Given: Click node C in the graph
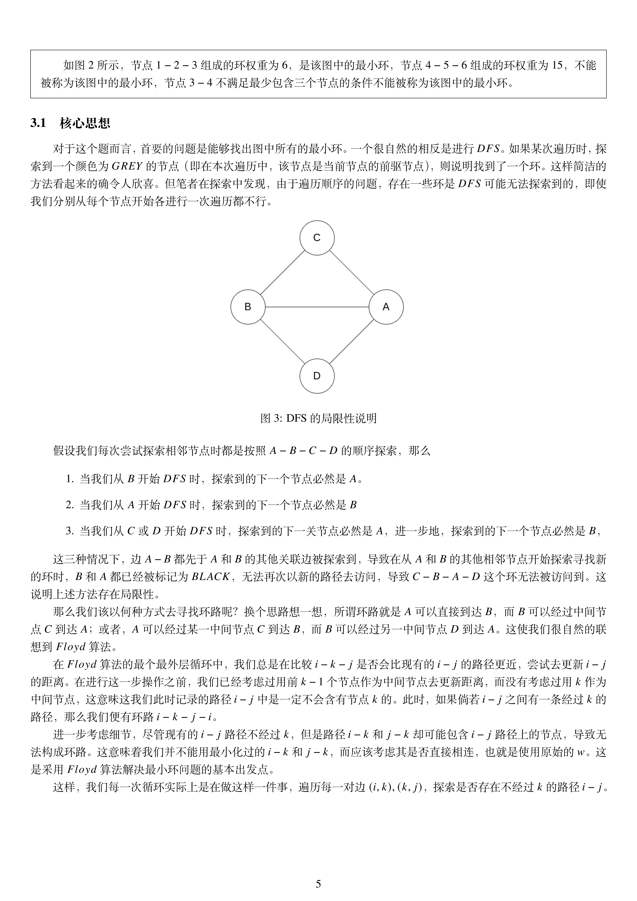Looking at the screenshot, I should coord(317,238).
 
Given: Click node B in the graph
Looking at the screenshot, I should coord(248,307).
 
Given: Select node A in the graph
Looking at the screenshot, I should coord(386,307).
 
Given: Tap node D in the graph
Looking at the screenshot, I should coord(317,376).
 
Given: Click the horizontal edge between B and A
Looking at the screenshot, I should coord(317,307).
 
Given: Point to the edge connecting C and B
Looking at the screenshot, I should coord(283,272).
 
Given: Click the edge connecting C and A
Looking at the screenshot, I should coord(351,272).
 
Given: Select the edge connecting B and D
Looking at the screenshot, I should coord(283,341).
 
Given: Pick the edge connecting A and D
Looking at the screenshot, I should coord(351,341).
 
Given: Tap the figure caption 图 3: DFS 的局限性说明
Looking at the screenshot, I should coord(318,418).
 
